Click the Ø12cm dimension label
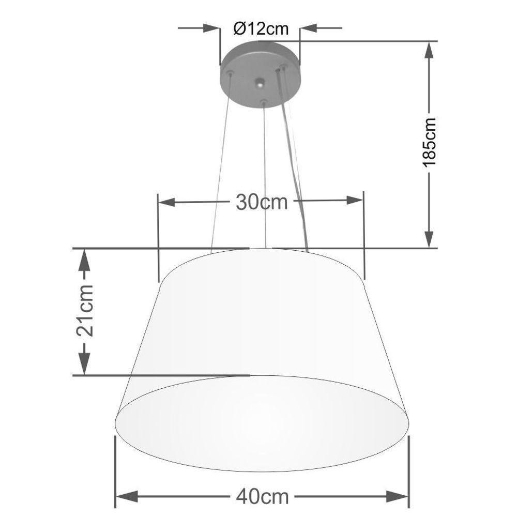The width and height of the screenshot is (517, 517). pos(260,28)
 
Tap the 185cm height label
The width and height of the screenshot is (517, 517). pos(430,142)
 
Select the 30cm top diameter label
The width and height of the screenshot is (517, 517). pos(262,202)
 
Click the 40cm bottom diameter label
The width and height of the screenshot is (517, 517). pos(262,497)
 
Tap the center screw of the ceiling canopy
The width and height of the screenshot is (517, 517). pos(260,83)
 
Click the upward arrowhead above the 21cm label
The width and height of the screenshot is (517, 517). pos(84,258)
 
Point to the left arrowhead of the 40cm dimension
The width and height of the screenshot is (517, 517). pos(123,497)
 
